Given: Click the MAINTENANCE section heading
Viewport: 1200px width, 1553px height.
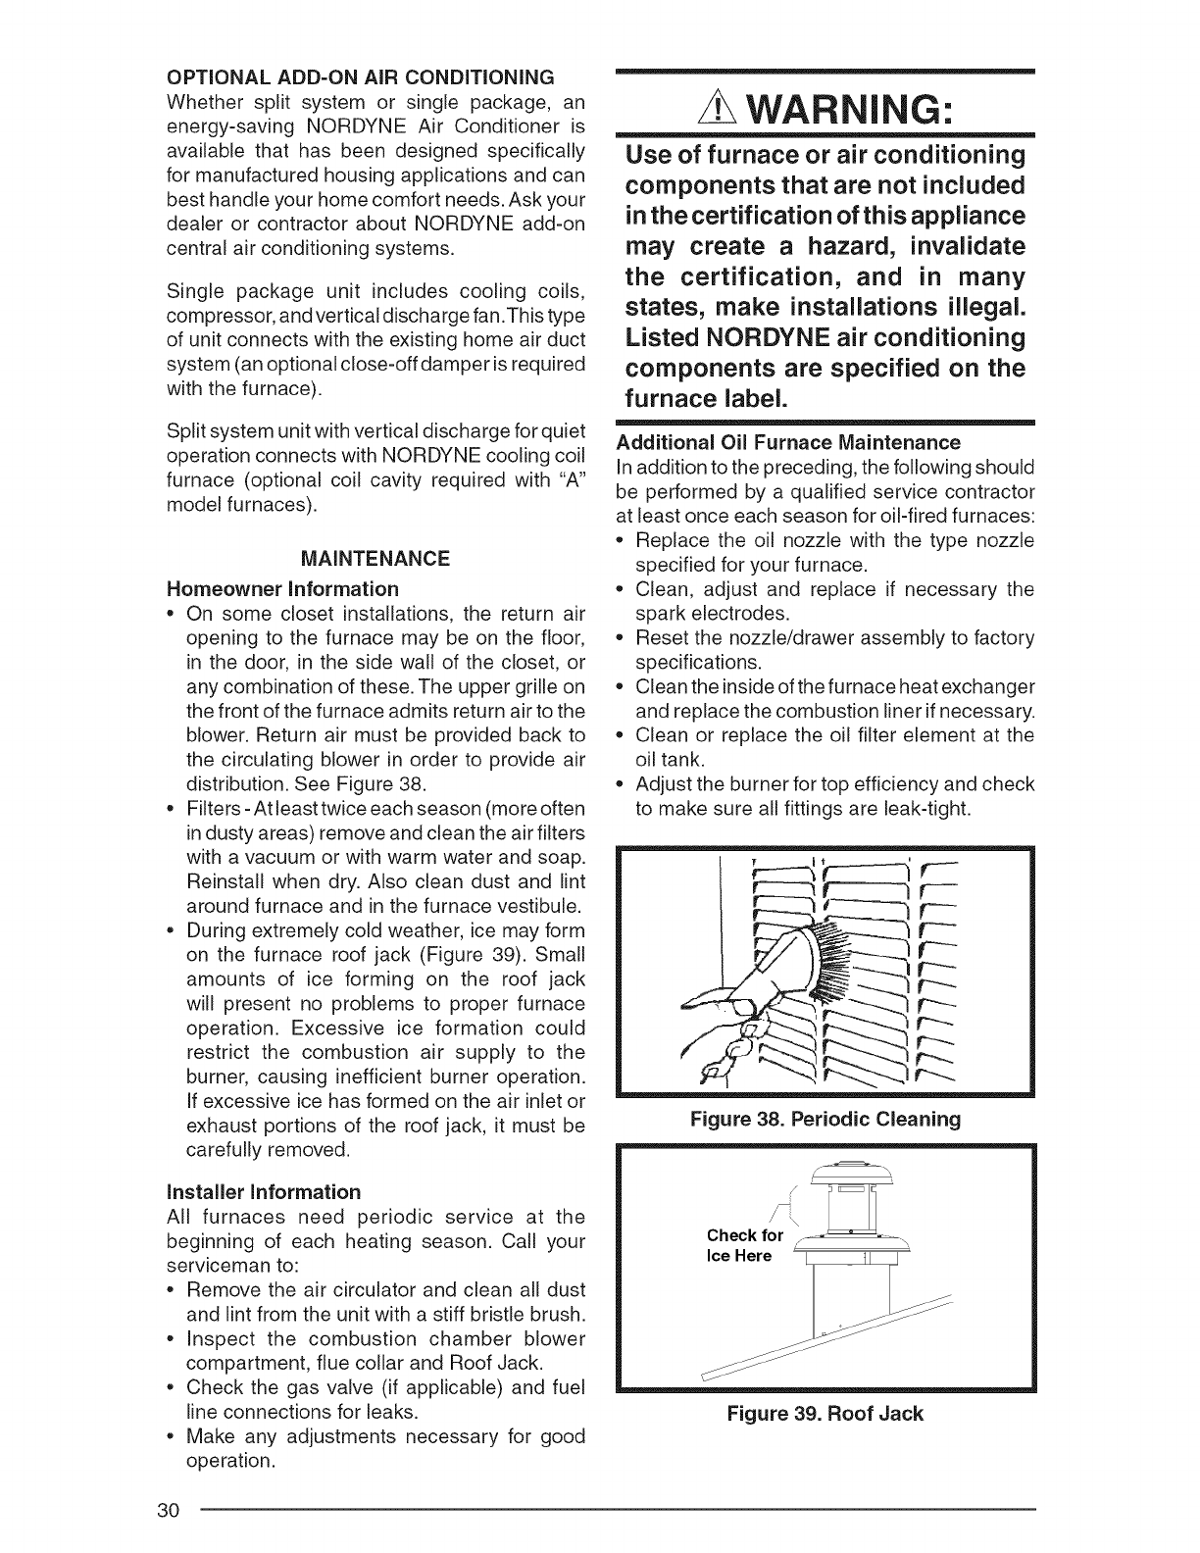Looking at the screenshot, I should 376,559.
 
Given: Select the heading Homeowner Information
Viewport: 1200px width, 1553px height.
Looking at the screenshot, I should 282,588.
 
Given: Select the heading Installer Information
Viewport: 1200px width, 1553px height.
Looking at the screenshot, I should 263,1192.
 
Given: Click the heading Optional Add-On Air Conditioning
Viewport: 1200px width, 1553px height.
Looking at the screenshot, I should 360,76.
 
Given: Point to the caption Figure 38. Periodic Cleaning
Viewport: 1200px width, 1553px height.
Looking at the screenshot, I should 825,1120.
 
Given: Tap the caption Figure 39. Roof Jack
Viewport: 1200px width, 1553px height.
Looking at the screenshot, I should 825,1414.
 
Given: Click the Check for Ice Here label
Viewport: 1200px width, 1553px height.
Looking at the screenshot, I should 744,1245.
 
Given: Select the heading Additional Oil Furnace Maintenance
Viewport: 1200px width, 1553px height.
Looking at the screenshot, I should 788,442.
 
